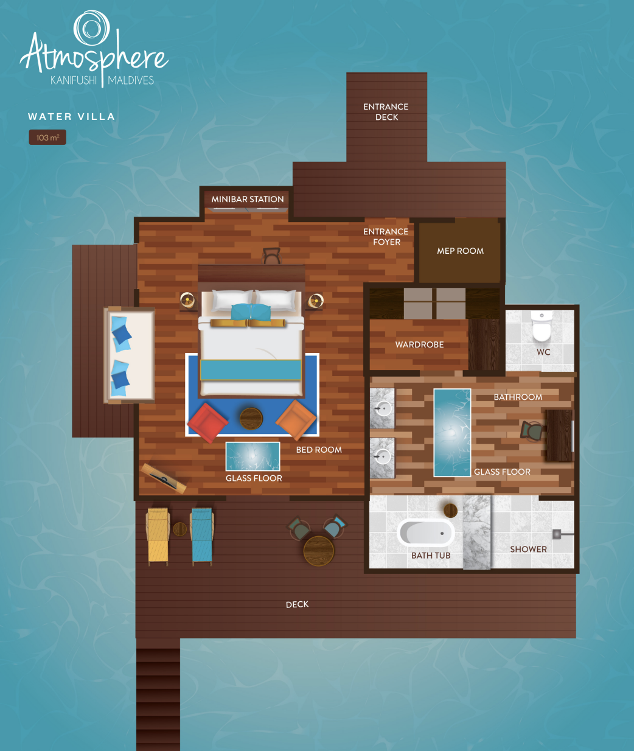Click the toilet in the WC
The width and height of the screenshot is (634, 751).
tap(542, 326)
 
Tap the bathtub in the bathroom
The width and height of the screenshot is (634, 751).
tap(426, 533)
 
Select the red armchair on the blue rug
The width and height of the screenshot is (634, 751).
tap(207, 422)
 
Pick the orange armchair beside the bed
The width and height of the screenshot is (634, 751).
tap(296, 419)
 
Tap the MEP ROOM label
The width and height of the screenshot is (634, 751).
tap(461, 251)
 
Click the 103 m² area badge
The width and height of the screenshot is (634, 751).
tap(47, 138)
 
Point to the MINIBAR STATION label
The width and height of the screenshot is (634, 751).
tap(248, 199)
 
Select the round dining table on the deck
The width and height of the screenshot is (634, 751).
tap(319, 551)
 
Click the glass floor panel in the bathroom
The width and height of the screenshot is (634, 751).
tap(452, 433)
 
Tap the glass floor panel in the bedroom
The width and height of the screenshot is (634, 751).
tap(253, 456)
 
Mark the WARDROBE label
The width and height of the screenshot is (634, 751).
tap(419, 344)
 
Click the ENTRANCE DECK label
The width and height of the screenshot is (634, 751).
tap(386, 112)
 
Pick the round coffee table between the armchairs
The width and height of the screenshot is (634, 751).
tap(251, 419)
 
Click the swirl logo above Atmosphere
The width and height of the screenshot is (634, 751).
tap(92, 28)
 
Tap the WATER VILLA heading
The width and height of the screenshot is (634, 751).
tap(72, 116)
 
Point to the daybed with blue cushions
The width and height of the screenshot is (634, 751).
tap(129, 355)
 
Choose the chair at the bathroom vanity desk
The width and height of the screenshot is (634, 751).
tap(532, 430)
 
